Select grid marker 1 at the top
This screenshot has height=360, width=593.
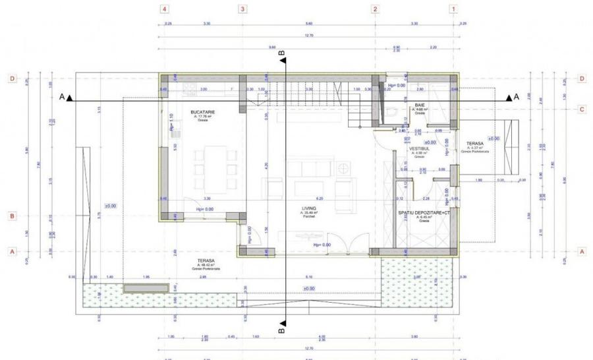tap(453, 9)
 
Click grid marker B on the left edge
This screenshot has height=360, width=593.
tap(11, 216)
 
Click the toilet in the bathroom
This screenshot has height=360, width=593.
tap(393, 115)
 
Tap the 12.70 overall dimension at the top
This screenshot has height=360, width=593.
tap(308, 36)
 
